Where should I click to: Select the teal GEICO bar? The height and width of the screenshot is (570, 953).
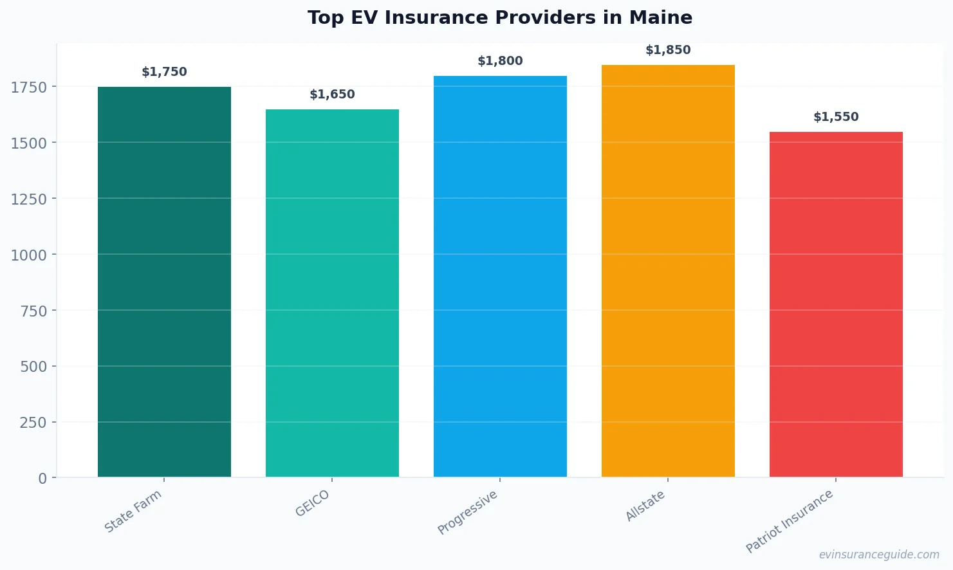pyautogui.click(x=332, y=293)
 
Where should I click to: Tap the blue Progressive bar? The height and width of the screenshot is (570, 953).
pyautogui.click(x=500, y=277)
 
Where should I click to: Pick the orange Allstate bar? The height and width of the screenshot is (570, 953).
pyautogui.click(x=668, y=271)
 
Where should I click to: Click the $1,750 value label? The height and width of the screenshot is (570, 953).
pyautogui.click(x=164, y=72)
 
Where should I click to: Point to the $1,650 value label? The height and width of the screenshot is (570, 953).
pyautogui.click(x=332, y=95)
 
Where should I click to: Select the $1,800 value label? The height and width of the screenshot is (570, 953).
pyautogui.click(x=500, y=61)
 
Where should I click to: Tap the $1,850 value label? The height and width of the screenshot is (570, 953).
pyautogui.click(x=668, y=50)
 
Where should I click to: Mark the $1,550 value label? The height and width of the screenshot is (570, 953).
pyautogui.click(x=836, y=117)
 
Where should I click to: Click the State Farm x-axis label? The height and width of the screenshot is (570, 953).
pyautogui.click(x=133, y=511)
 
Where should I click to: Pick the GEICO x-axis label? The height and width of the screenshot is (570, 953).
pyautogui.click(x=312, y=503)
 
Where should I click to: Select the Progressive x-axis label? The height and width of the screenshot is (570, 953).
pyautogui.click(x=468, y=512)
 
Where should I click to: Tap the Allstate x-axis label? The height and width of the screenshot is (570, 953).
pyautogui.click(x=645, y=506)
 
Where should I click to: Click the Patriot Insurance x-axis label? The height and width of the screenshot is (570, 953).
pyautogui.click(x=790, y=521)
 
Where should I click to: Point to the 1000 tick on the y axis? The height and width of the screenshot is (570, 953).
pyautogui.click(x=28, y=255)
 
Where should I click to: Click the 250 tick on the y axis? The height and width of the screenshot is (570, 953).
pyautogui.click(x=33, y=423)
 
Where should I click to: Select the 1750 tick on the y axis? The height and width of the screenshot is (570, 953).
pyautogui.click(x=28, y=87)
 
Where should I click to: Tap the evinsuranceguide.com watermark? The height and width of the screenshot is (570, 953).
pyautogui.click(x=879, y=555)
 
